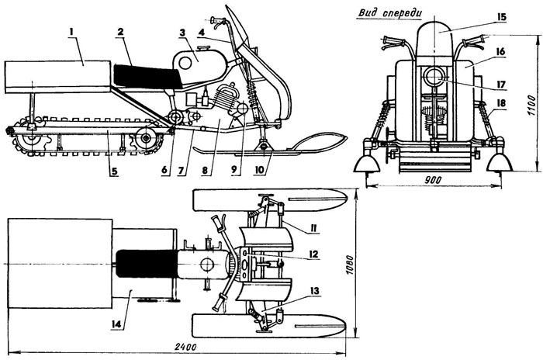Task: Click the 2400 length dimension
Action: (x=184, y=346)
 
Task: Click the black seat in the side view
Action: (x=147, y=75)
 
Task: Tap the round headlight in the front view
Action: (x=434, y=80)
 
